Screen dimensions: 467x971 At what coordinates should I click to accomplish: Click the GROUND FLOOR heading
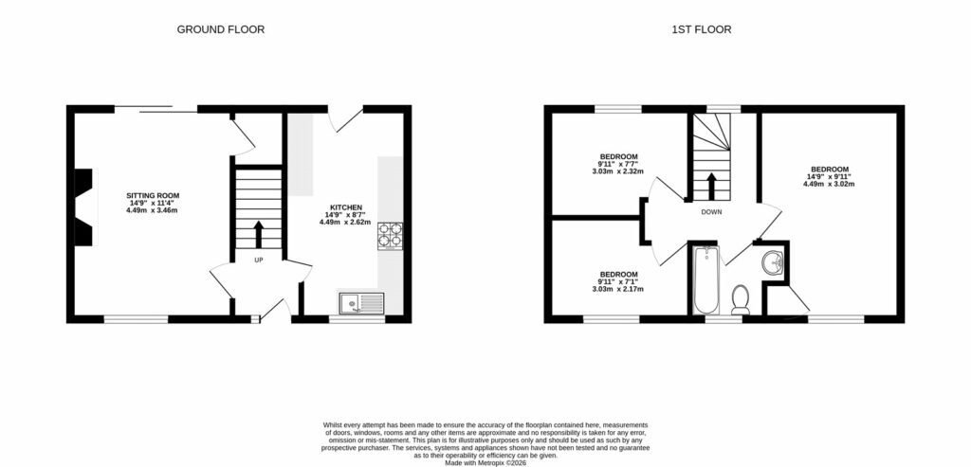tap(221, 29)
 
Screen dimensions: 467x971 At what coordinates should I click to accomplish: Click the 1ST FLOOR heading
tap(701, 29)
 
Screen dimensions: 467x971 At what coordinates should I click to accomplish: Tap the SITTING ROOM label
tap(153, 195)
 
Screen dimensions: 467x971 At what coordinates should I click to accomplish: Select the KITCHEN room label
tap(344, 207)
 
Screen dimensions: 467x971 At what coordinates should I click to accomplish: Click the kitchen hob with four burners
tap(391, 235)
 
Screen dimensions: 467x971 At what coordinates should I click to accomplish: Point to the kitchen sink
tap(361, 303)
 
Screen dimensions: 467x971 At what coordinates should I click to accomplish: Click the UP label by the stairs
tap(258, 260)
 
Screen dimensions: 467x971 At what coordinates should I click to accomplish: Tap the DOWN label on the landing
tap(711, 212)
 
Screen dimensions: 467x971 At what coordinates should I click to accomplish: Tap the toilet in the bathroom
tap(742, 299)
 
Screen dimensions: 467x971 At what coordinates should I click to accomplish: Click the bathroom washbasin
tap(772, 260)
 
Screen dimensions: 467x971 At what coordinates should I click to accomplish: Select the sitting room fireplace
tap(85, 207)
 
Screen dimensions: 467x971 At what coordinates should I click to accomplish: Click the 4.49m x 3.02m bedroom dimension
tap(829, 184)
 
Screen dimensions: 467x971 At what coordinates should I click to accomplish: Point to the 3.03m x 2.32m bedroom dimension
tap(618, 171)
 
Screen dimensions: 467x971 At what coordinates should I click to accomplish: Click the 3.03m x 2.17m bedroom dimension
tap(618, 288)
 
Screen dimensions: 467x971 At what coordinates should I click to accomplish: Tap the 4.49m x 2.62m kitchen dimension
tap(344, 222)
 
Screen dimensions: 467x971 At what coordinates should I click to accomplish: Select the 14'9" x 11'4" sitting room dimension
tap(153, 202)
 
